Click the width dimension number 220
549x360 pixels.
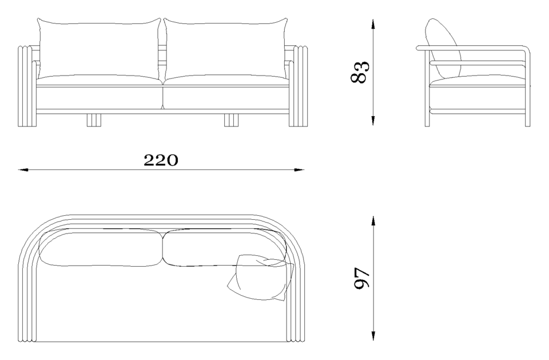pos(161,160)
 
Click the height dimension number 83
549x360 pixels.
pos(360,72)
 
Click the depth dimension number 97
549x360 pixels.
pos(362,278)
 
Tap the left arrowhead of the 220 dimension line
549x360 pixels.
pos(23,170)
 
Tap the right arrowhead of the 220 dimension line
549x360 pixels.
pos(299,170)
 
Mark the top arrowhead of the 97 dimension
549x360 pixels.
pos(373,221)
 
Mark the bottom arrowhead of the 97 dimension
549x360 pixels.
pos(373,335)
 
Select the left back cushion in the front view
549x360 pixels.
pos(99,49)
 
